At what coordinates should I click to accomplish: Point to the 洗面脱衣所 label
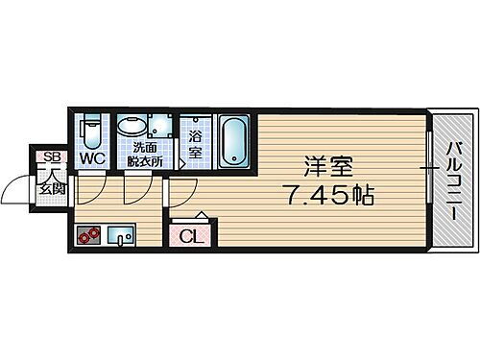[x=147, y=155]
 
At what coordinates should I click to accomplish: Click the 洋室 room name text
[x=323, y=165]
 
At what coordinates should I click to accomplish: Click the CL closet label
[x=189, y=234]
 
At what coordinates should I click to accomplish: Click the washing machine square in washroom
[x=160, y=127]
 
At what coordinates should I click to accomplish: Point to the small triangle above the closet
[x=201, y=215]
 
